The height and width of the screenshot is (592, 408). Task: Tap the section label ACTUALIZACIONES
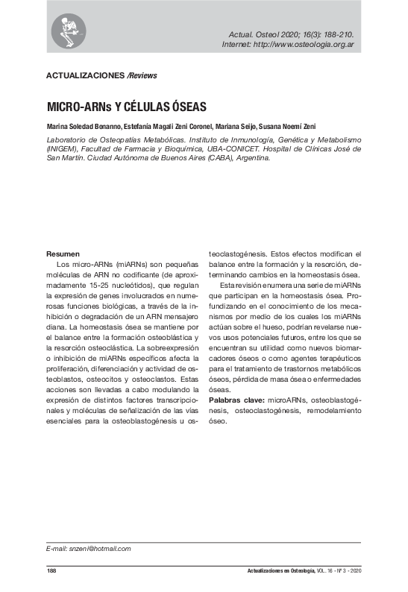click(85, 75)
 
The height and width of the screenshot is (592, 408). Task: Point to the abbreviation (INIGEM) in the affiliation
click(63, 149)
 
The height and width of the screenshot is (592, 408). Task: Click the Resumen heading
click(63, 254)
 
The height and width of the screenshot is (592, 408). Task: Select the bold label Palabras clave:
click(233, 400)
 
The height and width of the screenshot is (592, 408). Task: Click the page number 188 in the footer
click(51, 571)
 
